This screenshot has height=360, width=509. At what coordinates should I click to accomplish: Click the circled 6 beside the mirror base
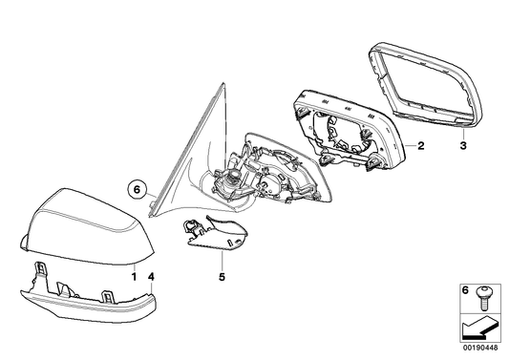click(138, 189)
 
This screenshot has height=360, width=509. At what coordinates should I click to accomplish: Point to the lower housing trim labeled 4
click(86, 298)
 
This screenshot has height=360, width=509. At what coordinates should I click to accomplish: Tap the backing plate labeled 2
click(349, 129)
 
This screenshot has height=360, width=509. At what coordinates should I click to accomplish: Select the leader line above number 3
click(461, 131)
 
